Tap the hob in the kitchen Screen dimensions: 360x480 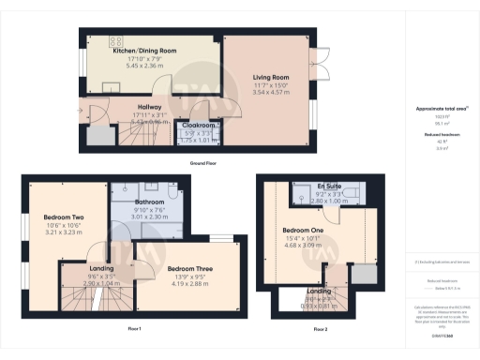point(117,40)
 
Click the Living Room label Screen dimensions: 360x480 point(269,78)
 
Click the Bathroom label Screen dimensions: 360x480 point(149,202)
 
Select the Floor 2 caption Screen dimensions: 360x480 point(321,329)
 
